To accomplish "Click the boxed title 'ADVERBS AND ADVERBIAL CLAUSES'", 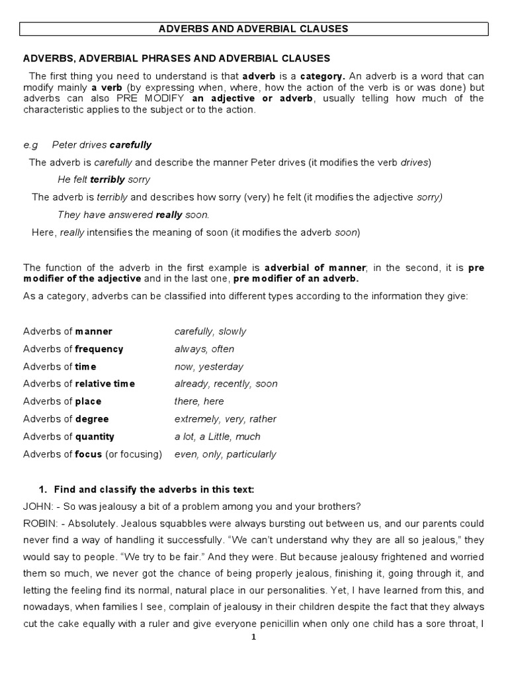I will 253,29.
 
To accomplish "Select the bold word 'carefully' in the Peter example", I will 130,144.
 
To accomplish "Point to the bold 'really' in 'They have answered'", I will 169,215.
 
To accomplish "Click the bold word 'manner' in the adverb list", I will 94,332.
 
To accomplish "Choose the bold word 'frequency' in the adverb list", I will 99,349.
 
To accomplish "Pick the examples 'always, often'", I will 204,349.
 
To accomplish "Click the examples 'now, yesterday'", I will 209,367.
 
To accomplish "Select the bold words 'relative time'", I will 105,384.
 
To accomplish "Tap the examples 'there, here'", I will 199,401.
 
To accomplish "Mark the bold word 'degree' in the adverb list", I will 92,419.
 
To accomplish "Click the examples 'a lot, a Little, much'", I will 218,436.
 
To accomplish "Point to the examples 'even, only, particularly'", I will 226,454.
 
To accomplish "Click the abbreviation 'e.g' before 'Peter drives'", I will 31,144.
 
